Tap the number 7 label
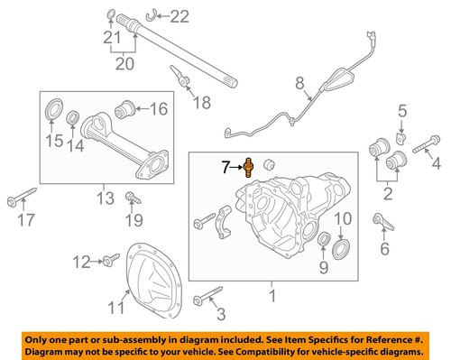coord(227,167)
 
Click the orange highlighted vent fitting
coord(250,167)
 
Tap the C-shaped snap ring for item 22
coord(154,13)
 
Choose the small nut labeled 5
coord(403,136)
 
